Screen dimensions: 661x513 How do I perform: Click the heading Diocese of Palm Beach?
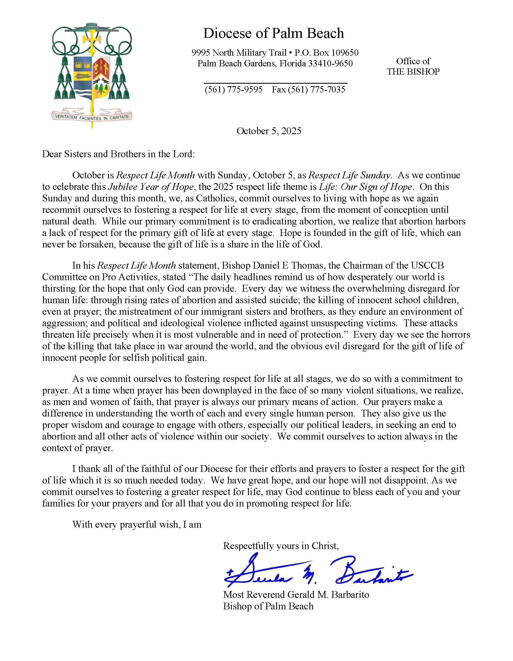coord(274,33)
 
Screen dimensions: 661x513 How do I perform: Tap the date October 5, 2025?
coord(269,131)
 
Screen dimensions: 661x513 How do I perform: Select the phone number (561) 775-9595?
coord(233,89)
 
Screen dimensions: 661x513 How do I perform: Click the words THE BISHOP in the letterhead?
coord(413,72)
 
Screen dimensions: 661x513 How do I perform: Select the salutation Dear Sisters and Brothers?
coord(118,154)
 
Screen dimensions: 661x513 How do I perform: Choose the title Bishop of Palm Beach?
coord(268,606)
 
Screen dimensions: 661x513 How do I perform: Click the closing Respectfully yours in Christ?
coord(281,546)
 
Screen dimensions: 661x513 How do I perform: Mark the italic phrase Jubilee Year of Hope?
coord(151,187)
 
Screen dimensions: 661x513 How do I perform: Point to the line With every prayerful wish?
coord(137,524)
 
